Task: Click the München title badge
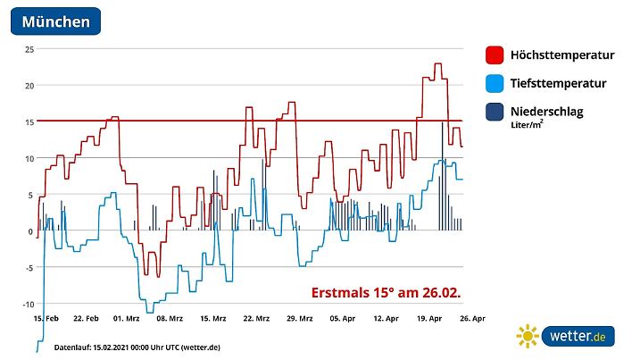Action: [x=55, y=21]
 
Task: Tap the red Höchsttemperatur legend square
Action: [x=493, y=55]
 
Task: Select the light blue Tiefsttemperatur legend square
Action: [x=493, y=83]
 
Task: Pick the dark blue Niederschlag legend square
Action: [x=493, y=112]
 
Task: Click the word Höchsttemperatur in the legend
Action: [x=561, y=55]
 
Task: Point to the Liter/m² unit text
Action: [x=528, y=126]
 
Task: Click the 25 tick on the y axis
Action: [x=29, y=49]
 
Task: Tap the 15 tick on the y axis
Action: [x=29, y=121]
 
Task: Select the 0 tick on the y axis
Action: [x=31, y=231]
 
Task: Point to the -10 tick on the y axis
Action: [x=27, y=305]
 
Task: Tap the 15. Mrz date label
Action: [x=213, y=318]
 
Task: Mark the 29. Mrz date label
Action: [x=300, y=318]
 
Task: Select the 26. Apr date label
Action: [x=472, y=318]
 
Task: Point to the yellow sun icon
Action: [x=528, y=337]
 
